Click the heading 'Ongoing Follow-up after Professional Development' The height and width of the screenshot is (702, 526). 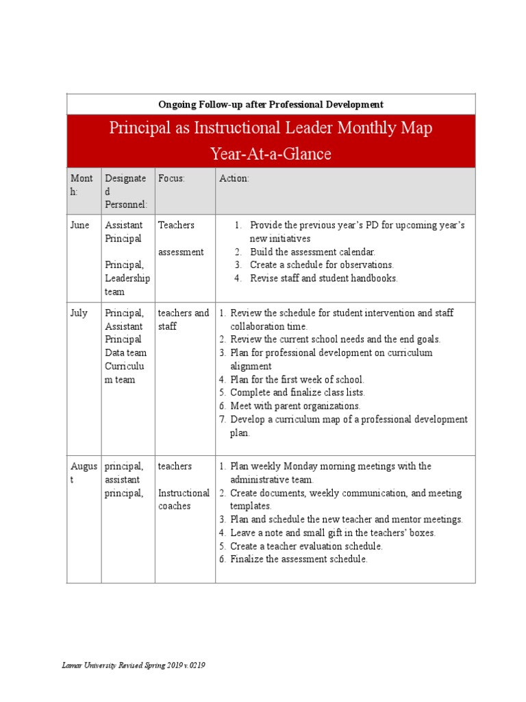[x=271, y=104]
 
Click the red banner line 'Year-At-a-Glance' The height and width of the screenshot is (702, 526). [x=271, y=154]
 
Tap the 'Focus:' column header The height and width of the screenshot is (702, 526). [x=172, y=178]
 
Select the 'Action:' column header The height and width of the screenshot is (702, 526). [x=234, y=178]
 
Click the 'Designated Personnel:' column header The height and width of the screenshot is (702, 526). [x=125, y=191]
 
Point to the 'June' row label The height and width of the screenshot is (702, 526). [x=79, y=225]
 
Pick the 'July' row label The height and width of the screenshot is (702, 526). [x=79, y=313]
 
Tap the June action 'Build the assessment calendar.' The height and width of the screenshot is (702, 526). [x=312, y=252]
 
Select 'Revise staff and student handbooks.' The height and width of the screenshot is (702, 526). [x=323, y=278]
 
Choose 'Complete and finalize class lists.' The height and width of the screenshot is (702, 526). [x=297, y=392]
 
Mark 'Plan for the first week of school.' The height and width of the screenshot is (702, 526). [x=297, y=379]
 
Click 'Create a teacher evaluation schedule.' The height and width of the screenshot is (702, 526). [x=306, y=546]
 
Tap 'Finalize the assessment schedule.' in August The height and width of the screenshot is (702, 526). [x=299, y=559]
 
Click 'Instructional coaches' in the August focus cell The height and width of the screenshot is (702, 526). [x=184, y=499]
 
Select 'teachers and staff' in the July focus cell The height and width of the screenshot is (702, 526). [x=184, y=319]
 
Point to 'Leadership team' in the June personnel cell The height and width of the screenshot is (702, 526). [x=127, y=285]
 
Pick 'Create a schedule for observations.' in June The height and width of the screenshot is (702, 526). [x=322, y=265]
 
